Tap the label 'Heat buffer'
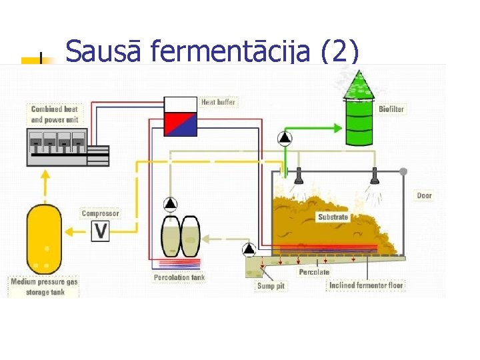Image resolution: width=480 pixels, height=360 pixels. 218,102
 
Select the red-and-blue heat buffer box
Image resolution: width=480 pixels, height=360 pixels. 180,117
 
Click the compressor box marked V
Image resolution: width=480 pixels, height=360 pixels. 101,231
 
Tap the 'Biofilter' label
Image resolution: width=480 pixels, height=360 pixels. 391,109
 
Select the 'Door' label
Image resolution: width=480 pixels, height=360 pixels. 424,195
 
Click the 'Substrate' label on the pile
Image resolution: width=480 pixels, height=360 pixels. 333,217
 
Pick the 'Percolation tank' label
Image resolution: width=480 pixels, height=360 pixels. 179,277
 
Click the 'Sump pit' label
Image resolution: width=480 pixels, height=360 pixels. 271,285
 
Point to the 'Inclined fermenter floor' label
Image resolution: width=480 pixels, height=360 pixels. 366,285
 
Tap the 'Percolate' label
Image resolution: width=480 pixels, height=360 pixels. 314,272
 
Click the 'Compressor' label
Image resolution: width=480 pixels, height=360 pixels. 100,213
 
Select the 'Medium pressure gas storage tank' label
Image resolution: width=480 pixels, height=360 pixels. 44,287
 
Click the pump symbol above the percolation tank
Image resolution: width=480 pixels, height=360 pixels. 171,204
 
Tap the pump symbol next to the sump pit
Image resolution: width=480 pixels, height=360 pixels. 249,249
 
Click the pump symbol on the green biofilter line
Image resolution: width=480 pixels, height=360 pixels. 285,138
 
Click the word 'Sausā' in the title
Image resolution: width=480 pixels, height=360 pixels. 103,51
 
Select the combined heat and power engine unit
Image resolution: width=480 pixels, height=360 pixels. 67,147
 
